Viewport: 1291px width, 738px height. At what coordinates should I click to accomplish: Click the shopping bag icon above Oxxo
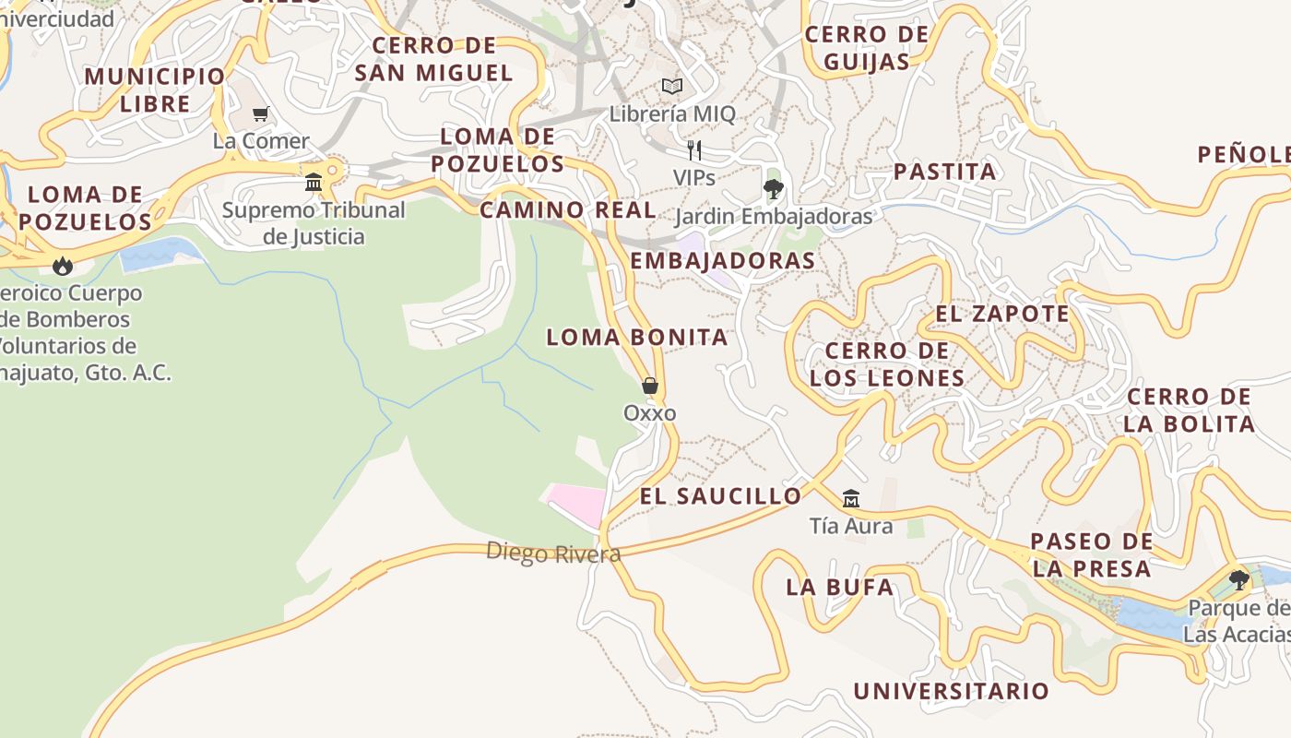coord(650,386)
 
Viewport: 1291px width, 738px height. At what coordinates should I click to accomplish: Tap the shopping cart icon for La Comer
coord(261,114)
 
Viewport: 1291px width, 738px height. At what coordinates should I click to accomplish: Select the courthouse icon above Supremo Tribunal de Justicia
coord(314,182)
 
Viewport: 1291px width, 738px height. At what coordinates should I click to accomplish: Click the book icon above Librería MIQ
coord(672,87)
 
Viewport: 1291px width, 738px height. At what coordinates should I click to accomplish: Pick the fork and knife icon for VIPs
coord(694,149)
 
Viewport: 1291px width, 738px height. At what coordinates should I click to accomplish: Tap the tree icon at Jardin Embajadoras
coord(773,189)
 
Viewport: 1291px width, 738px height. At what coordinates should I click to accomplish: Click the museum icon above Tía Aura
coord(850,499)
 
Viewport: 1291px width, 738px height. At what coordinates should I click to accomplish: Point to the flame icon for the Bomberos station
coord(63,267)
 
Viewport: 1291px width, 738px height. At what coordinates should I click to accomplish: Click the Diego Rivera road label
coord(553,553)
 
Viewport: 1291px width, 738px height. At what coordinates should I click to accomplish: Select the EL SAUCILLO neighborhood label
coord(721,496)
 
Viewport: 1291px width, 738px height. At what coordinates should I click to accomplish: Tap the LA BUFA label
coord(839,587)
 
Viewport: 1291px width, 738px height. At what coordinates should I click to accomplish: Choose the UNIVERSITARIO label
coord(951,691)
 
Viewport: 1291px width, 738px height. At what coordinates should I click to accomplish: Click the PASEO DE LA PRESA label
coord(1091,554)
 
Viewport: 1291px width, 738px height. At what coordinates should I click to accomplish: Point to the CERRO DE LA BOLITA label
coord(1189,411)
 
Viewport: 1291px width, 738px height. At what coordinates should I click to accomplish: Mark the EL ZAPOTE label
coord(1002,314)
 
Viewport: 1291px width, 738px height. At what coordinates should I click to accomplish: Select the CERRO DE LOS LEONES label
coord(887,364)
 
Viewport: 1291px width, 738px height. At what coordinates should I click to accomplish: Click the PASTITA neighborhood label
coord(944,172)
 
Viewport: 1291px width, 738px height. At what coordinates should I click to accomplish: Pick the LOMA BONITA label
coord(637,338)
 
